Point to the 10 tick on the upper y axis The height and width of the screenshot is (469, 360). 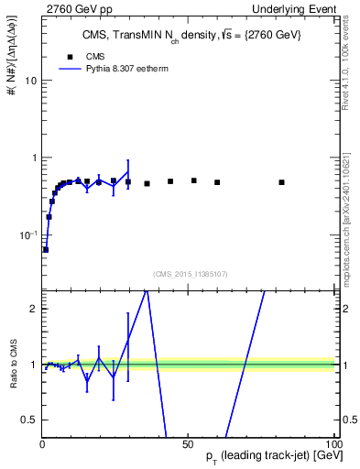pyautogui.click(x=30, y=81)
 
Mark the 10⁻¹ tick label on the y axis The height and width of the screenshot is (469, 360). pyautogui.click(x=27, y=234)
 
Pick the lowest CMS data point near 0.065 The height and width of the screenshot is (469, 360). pyautogui.click(x=46, y=249)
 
